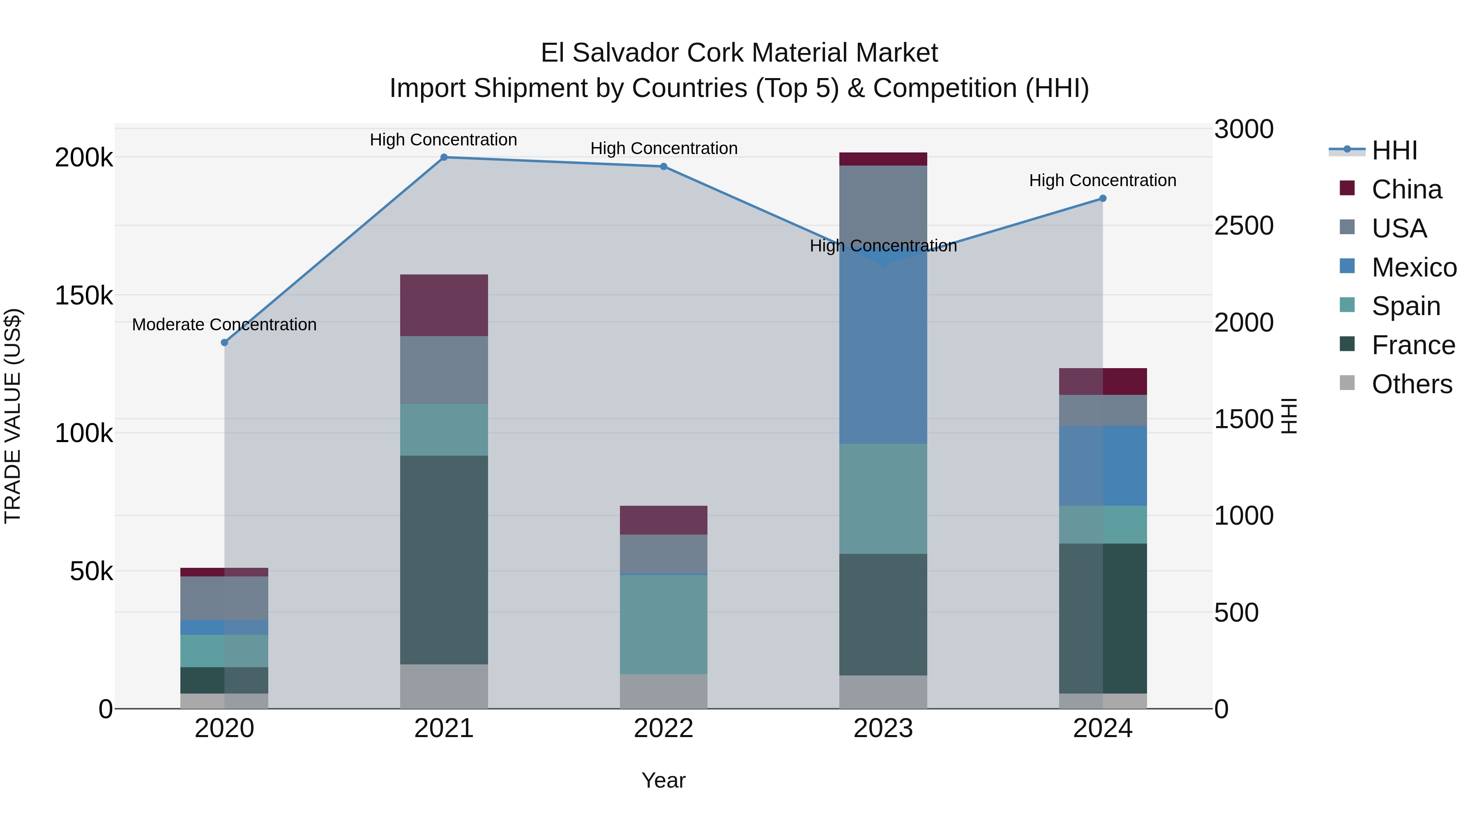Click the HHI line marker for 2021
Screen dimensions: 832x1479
[x=444, y=157]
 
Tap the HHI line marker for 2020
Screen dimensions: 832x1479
[x=224, y=343]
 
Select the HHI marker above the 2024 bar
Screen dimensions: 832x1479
[x=1102, y=199]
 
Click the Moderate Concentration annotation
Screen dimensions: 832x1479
[x=224, y=325]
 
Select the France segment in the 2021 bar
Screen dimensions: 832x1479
[x=444, y=560]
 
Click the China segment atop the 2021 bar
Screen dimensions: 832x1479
[x=444, y=305]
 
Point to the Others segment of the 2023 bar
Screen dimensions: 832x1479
[x=883, y=692]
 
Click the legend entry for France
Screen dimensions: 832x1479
[x=1412, y=346]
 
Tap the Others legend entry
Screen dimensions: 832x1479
[x=1411, y=384]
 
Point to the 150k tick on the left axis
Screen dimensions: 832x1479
[x=84, y=296]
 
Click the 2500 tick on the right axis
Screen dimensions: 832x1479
[x=1244, y=226]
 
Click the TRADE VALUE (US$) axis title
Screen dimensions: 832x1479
[x=13, y=416]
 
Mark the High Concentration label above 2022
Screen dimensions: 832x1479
[x=664, y=148]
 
